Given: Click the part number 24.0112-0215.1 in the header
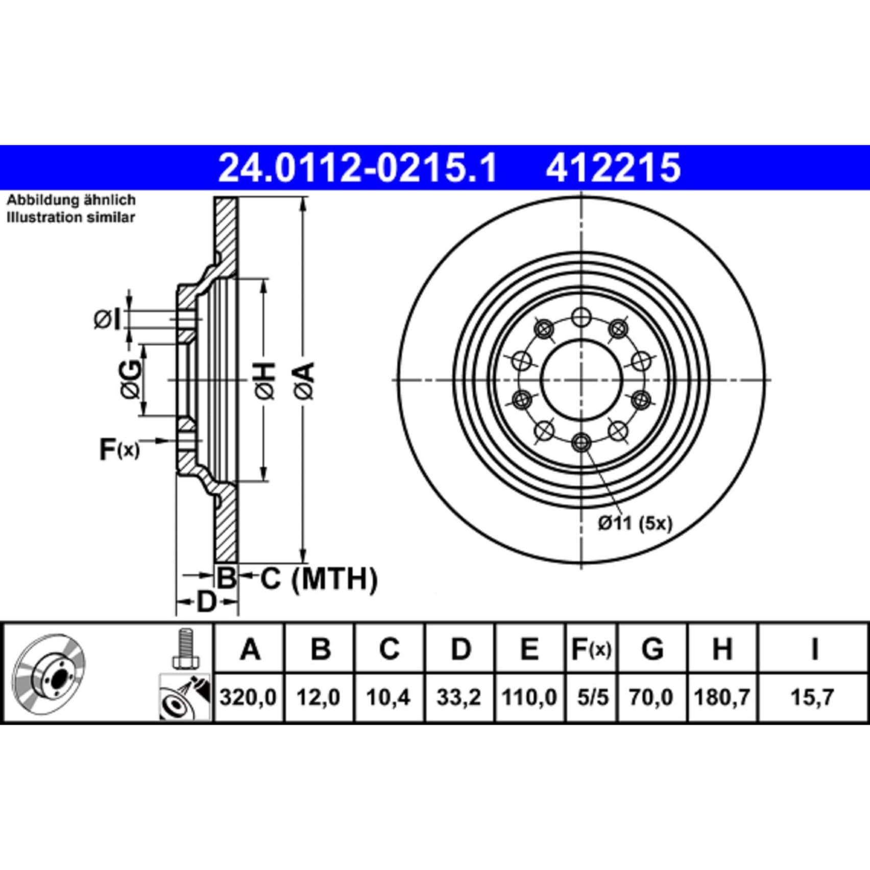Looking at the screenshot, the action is pos(357,168).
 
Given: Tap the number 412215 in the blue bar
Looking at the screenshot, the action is pos(613,168).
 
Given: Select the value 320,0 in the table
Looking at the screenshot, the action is pos(248,697).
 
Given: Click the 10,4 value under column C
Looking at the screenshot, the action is pos(389,697).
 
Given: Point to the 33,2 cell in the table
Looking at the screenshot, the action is pos(458,697).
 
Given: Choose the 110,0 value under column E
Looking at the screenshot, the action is pos(529,697).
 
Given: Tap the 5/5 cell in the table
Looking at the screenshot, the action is pos(591,697).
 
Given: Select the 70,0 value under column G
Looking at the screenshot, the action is pos(651,697).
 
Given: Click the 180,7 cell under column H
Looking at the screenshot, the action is pos(722,697).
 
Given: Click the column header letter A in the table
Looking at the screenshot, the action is pos(250,649).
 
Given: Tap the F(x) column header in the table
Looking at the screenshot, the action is pos(591,649).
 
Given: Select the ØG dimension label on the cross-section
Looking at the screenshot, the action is pos(131,379).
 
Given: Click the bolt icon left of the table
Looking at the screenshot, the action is pos(184,649).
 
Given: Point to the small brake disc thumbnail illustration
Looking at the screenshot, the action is pos(49,671).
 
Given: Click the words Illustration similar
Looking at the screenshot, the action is pos(71,217).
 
